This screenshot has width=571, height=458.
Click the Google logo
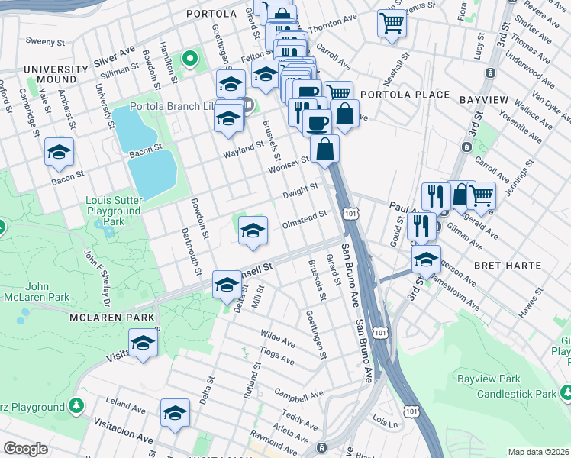[25, 449]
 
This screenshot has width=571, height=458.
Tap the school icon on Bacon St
[59, 153]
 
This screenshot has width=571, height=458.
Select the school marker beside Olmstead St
[253, 231]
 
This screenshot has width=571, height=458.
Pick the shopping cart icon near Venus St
[392, 24]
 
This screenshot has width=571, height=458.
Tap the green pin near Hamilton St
[189, 58]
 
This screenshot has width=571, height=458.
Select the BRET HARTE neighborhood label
[508, 266]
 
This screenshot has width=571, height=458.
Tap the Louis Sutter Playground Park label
[115, 211]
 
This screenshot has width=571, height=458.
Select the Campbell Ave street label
[298, 396]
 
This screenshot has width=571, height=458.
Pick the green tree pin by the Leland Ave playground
[76, 405]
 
